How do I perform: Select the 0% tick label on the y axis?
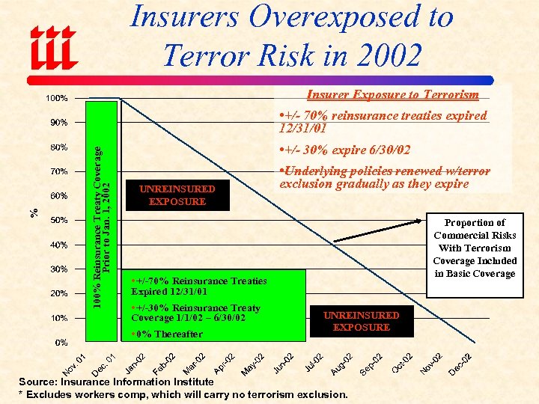tap(61, 342)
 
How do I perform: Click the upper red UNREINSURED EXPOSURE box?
tap(177, 195)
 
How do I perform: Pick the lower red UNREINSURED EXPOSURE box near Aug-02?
tap(361, 321)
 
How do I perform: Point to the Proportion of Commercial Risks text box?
tap(475, 248)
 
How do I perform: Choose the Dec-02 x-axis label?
tap(459, 364)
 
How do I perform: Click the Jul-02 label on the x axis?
tap(314, 361)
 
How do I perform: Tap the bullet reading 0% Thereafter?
tap(166, 334)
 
